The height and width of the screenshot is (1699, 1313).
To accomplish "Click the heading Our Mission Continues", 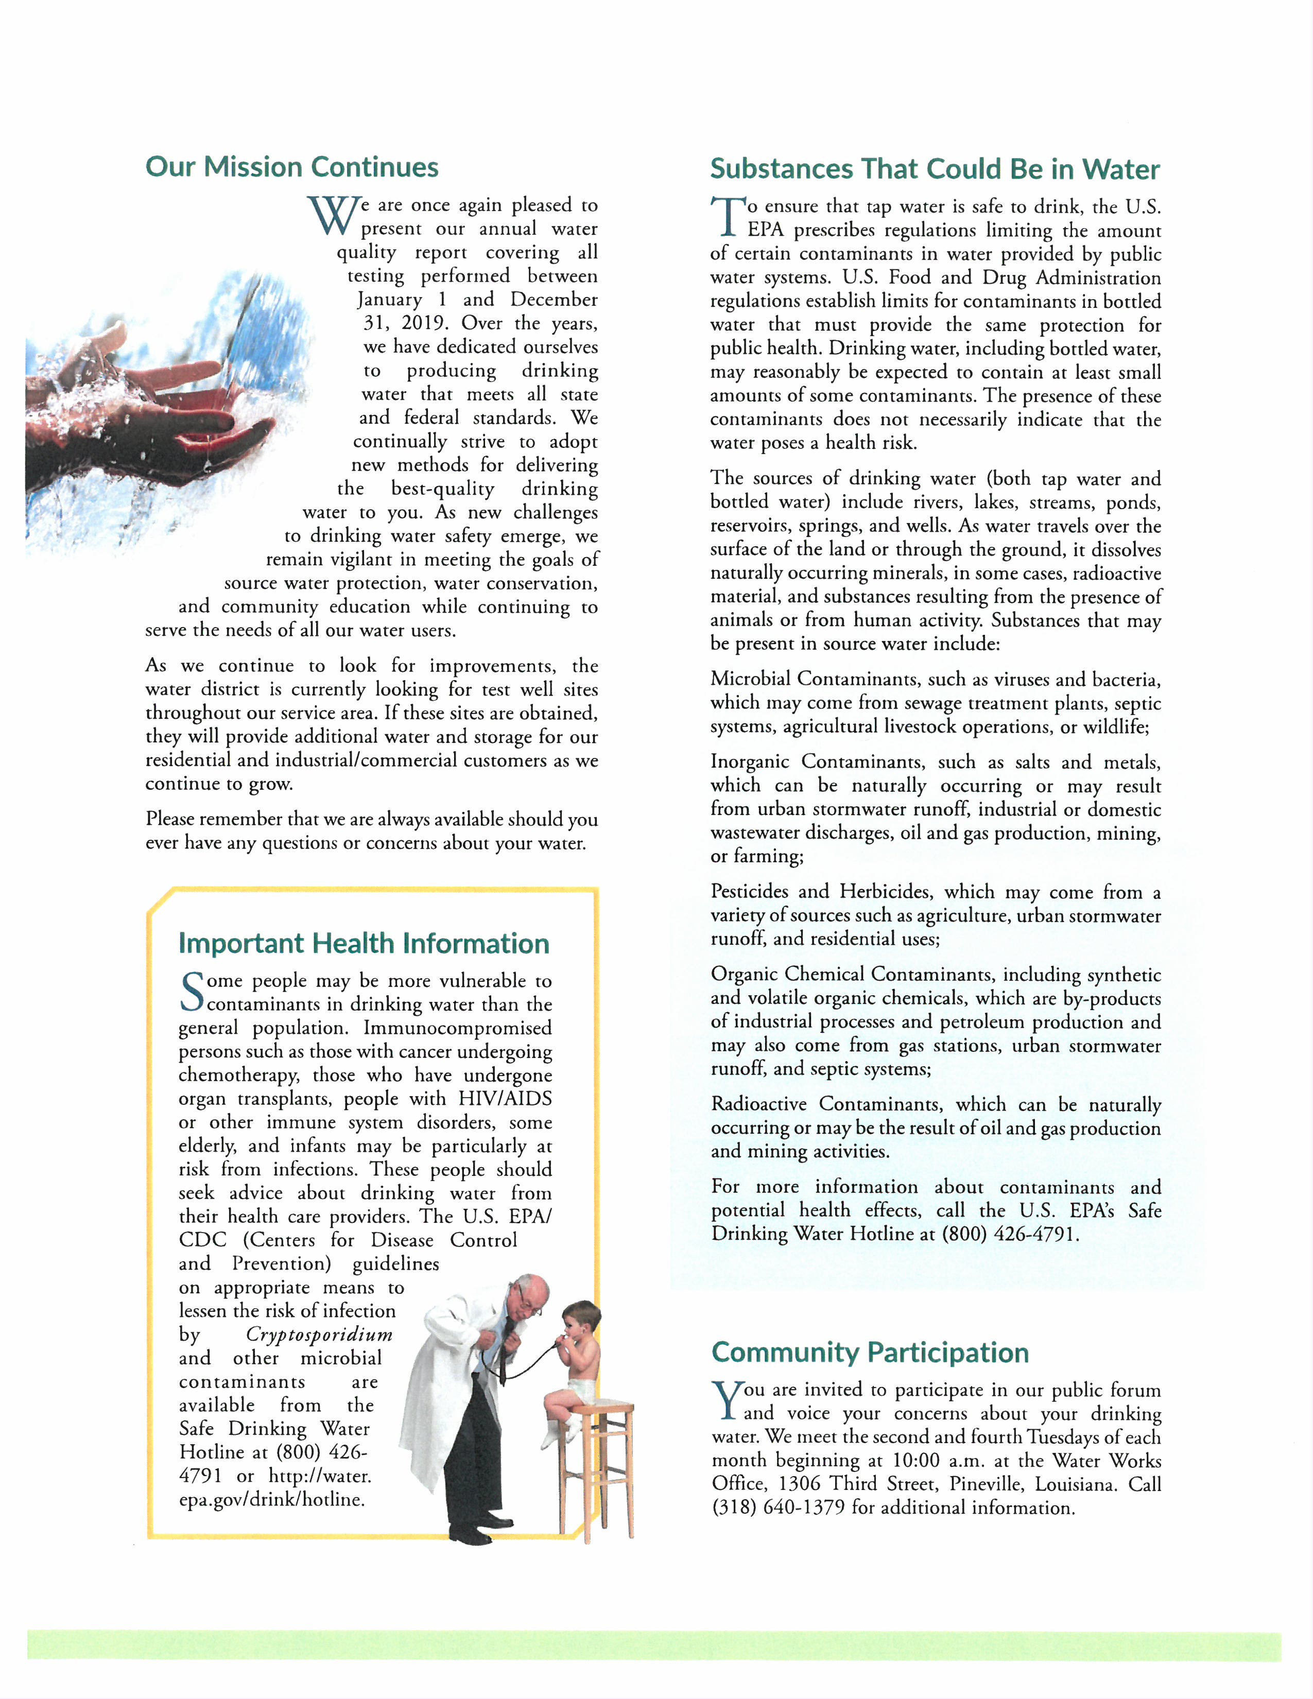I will (x=291, y=167).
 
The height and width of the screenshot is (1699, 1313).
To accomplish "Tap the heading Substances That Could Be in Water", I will (x=934, y=169).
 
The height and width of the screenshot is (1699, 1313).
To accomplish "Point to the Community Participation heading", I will (x=870, y=1352).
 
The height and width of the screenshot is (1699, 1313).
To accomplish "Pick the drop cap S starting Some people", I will (x=192, y=993).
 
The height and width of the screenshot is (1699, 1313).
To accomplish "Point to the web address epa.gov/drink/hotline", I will (x=271, y=1499).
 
